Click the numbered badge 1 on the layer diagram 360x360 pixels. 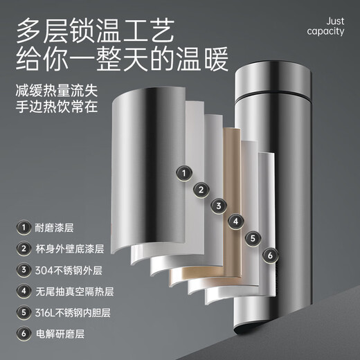[184, 173]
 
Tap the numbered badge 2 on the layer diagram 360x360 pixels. [201, 190]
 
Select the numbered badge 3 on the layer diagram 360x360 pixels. [219, 206]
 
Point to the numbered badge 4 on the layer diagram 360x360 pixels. [236, 222]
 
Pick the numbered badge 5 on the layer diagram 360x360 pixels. [253, 238]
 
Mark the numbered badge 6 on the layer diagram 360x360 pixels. [270, 255]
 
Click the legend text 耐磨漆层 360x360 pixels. [54, 228]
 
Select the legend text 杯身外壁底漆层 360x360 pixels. [69, 249]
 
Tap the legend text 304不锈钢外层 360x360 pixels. [69, 270]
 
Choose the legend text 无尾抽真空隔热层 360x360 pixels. [74, 291]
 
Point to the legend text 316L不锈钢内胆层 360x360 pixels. [73, 313]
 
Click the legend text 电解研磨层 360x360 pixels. [60, 334]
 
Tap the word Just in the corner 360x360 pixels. [335, 21]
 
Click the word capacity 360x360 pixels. [325, 31]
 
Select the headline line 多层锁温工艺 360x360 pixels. [95, 30]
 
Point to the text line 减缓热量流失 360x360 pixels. [57, 91]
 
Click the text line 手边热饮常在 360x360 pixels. [57, 107]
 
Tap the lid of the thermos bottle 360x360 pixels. [273, 78]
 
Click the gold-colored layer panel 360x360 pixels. [231, 201]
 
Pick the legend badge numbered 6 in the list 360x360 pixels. [24, 334]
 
